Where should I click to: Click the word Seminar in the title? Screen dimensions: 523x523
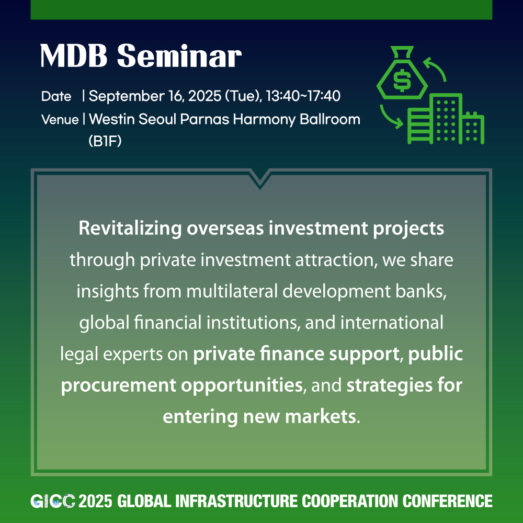[x=179, y=56]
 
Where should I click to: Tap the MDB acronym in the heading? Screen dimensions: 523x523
[x=74, y=56]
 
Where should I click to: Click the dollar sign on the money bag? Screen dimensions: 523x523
[x=402, y=80]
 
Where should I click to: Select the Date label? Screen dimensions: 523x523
[x=56, y=96]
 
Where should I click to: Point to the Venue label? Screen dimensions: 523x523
[x=60, y=119]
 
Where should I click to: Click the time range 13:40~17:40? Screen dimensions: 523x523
[x=303, y=96]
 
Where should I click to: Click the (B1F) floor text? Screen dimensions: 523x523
[x=105, y=141]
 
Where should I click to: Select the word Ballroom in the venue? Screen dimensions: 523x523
[x=330, y=119]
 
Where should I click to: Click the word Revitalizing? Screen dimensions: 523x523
[x=130, y=229]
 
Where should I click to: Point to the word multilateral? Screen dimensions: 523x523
[x=232, y=291]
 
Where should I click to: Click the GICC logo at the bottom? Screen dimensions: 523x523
[x=53, y=501]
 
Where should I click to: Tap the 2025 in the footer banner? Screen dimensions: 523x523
[x=95, y=501]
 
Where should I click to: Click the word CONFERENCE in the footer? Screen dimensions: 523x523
[x=447, y=501]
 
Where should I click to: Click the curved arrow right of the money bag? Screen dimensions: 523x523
[x=435, y=69]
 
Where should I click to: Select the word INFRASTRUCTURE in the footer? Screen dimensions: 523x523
[x=236, y=501]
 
